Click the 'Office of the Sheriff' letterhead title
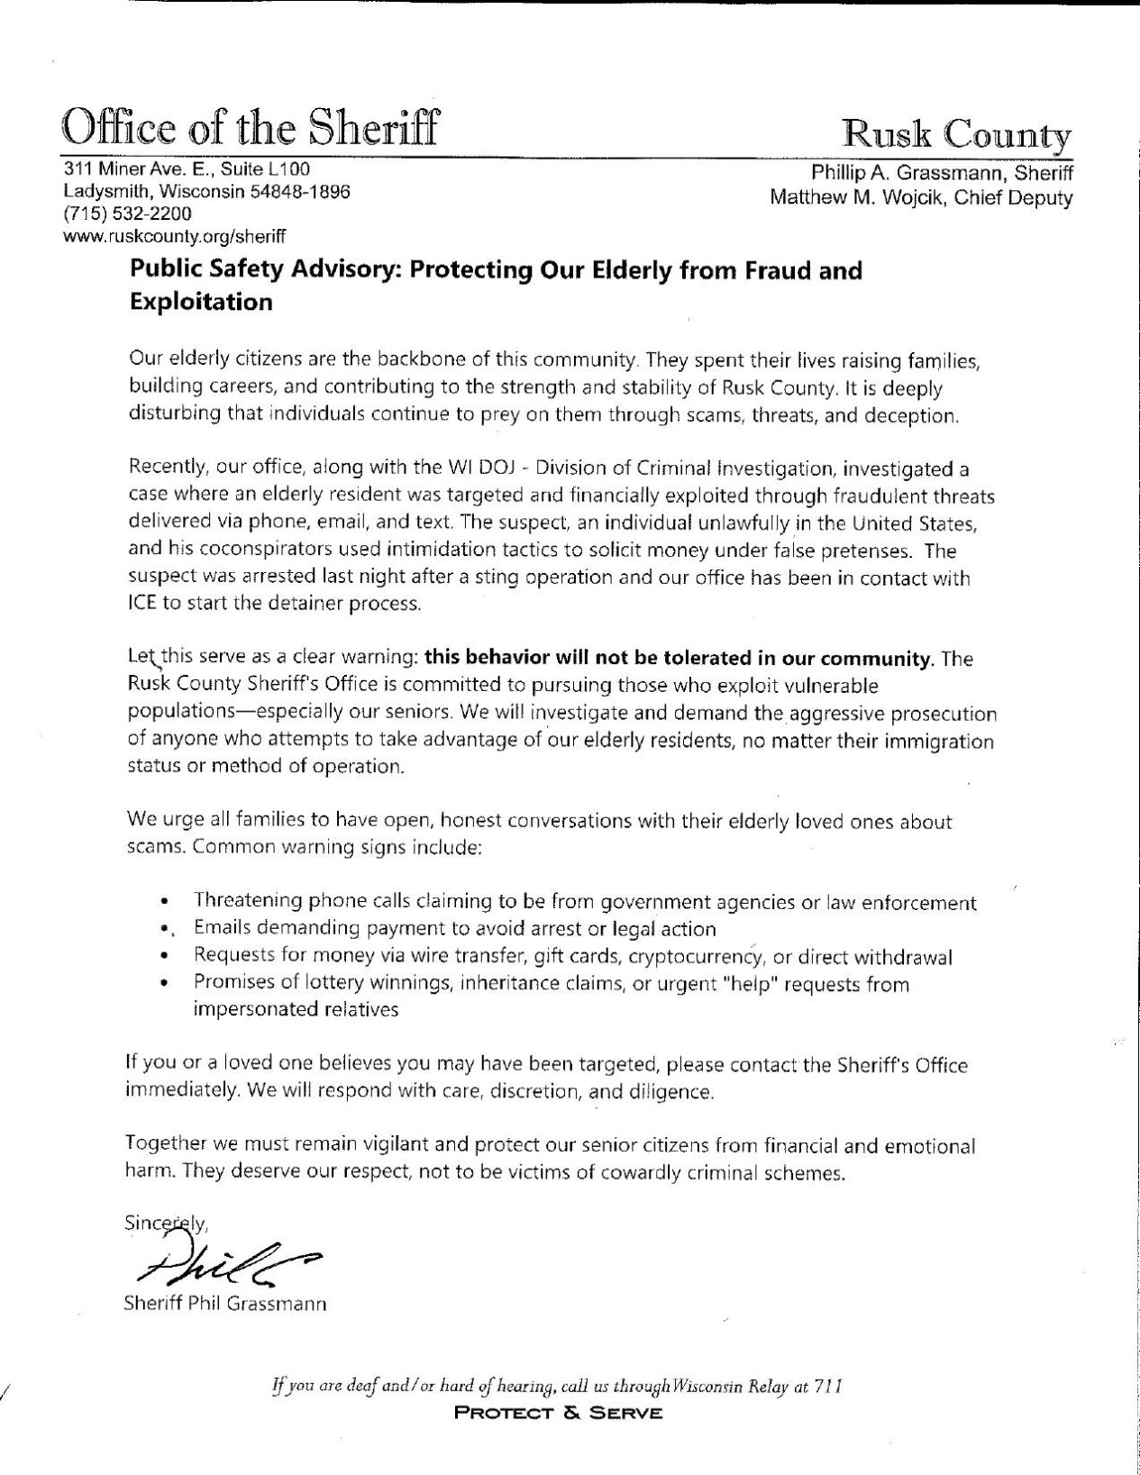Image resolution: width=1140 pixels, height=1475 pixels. click(250, 127)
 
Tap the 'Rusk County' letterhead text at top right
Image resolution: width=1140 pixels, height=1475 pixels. click(956, 134)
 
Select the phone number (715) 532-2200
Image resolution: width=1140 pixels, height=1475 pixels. click(126, 214)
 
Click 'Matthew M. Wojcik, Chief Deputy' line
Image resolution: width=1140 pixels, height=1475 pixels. click(920, 197)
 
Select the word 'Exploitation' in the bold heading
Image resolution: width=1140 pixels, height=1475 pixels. click(201, 302)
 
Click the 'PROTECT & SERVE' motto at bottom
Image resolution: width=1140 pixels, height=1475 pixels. click(559, 1413)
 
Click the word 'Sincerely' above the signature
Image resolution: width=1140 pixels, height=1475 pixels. click(167, 1225)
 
